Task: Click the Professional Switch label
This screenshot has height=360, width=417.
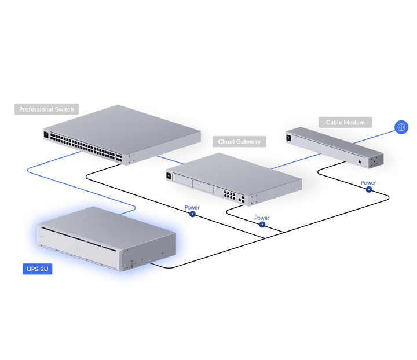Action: (x=46, y=109)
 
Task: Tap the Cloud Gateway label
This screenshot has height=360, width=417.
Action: (x=239, y=141)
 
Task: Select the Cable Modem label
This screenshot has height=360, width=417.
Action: (x=345, y=123)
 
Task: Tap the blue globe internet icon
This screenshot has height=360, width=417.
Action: (x=401, y=127)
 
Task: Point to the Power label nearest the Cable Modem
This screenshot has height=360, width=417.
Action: (x=368, y=183)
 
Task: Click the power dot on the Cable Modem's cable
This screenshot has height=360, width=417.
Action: (x=368, y=190)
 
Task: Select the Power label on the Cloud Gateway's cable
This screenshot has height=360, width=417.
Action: (x=262, y=218)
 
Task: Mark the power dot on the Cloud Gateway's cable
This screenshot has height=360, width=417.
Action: (x=262, y=225)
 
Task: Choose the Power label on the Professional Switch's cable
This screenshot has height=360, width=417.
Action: (x=192, y=207)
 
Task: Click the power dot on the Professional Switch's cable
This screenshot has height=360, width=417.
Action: (x=192, y=214)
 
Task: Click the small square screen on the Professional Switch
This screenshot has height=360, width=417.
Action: (x=46, y=135)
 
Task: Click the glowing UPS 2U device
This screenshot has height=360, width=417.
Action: (x=104, y=237)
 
